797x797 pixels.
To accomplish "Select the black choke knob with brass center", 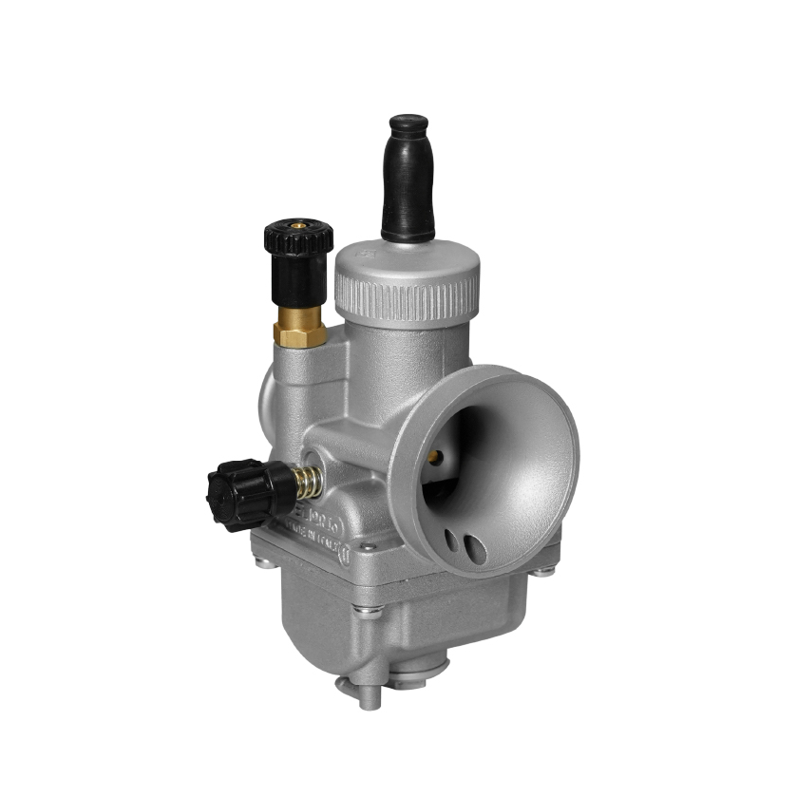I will click(298, 249).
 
